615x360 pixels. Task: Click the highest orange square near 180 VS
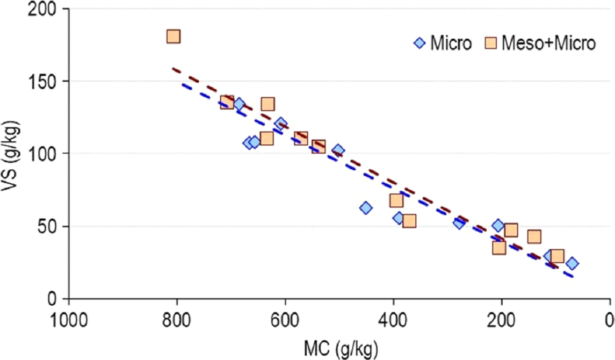173,37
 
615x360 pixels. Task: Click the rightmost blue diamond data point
572,263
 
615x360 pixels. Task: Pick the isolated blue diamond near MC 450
366,207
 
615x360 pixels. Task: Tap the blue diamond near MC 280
459,222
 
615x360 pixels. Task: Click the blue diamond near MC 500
338,150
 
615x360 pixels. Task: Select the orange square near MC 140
534,237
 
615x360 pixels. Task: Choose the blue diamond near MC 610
280,124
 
